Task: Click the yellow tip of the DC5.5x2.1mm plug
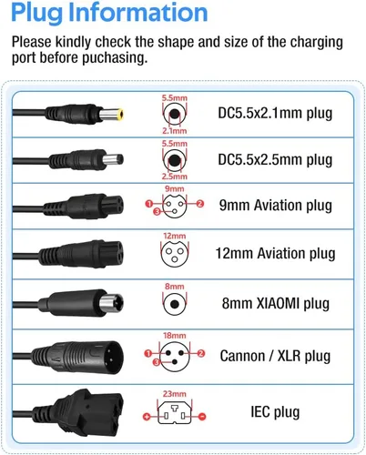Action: [120, 115]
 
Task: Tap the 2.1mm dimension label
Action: [174, 131]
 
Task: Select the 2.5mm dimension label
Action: [174, 177]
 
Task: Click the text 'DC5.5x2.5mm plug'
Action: [275, 160]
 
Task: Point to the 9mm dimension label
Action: [174, 188]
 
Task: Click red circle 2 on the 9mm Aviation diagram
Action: [200, 204]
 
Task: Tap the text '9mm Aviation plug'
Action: [276, 206]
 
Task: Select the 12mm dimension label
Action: [174, 236]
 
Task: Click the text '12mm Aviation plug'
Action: [275, 253]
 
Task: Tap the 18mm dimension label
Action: [174, 336]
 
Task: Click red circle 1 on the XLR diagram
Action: [148, 353]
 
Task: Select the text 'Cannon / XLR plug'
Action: [275, 356]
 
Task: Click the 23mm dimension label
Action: [174, 394]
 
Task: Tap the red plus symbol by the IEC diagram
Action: [147, 417]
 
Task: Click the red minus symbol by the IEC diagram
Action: [202, 417]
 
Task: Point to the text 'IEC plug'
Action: [275, 412]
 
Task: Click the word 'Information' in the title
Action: [138, 12]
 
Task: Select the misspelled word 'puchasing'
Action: [115, 57]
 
